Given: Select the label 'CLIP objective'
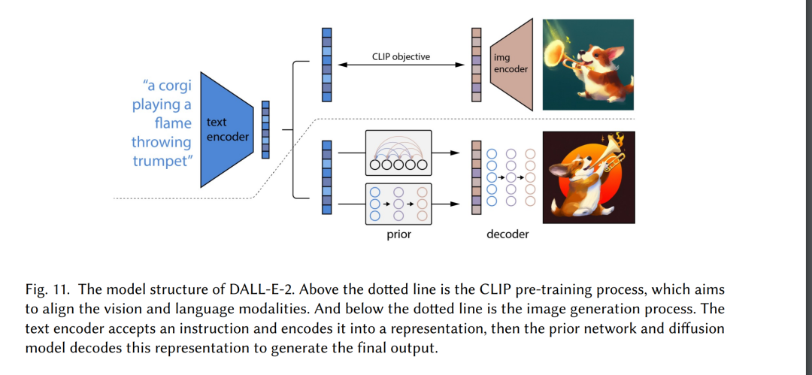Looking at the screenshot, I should pyautogui.click(x=401, y=56).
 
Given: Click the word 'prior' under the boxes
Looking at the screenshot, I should pyautogui.click(x=398, y=234).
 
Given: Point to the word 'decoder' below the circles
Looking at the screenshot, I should pyautogui.click(x=507, y=234).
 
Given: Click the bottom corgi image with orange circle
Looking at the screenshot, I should pyautogui.click(x=588, y=177).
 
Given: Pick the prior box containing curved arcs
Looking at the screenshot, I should pyautogui.click(x=398, y=153).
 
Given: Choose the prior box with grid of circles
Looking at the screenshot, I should pyautogui.click(x=398, y=203).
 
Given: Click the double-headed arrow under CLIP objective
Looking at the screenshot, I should pyautogui.click(x=401, y=66).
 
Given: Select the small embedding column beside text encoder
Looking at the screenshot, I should pyautogui.click(x=265, y=129).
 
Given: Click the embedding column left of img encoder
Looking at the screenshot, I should pyautogui.click(x=476, y=65).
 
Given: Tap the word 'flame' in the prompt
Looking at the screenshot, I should pyautogui.click(x=173, y=122).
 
